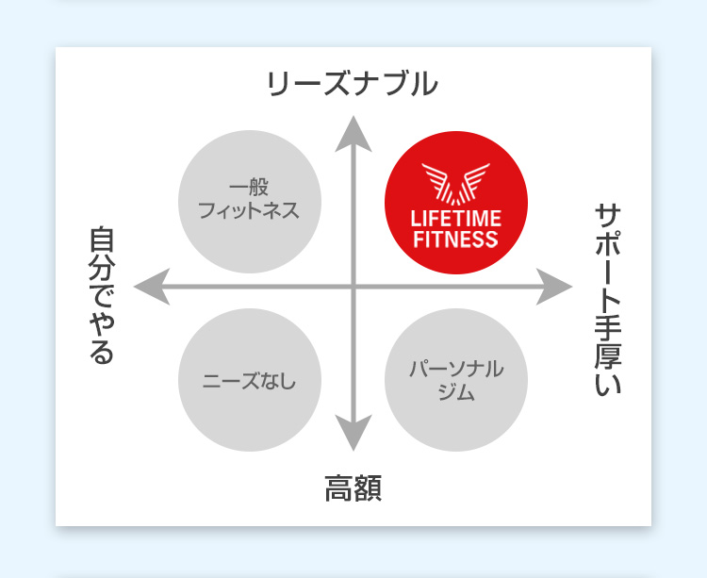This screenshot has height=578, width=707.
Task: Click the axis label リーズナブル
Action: coord(353,84)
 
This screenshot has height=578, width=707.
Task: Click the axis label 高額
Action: coord(353,489)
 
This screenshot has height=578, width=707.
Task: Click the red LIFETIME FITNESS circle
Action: coord(455,204)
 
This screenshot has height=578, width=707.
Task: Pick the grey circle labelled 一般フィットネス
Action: coord(250,201)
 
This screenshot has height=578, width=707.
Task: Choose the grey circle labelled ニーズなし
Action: coord(250,380)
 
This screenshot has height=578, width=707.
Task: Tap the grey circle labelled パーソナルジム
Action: coord(456,380)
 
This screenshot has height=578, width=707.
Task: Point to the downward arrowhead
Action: coord(353,435)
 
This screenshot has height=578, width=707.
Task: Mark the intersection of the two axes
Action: coord(353,286)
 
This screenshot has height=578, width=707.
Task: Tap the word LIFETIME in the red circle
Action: coord(455,220)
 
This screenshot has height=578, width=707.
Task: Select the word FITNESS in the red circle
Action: coord(455,239)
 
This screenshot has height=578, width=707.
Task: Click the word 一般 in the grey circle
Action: coord(250,188)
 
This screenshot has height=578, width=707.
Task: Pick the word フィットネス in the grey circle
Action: coord(250,210)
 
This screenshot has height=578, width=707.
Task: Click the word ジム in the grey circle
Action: coord(456,392)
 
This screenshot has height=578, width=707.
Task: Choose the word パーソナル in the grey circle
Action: coord(456,369)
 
